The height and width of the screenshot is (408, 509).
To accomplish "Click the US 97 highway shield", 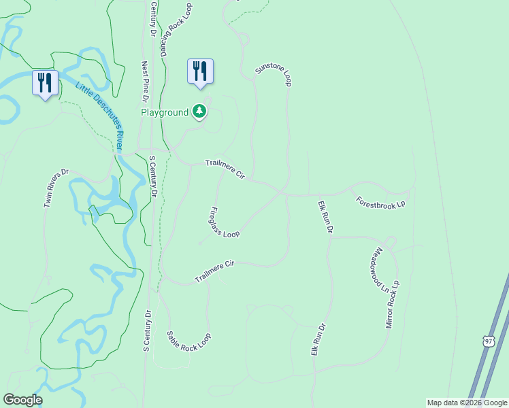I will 488,341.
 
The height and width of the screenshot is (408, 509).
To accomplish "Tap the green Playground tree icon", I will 199,112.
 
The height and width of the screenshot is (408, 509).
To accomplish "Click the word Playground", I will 164,112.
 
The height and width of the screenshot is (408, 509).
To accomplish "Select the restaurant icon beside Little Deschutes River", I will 45,83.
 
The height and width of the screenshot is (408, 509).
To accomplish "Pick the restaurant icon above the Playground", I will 200,71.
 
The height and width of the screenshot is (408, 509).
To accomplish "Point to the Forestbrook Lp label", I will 381,203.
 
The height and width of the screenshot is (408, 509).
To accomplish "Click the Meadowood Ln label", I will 380,270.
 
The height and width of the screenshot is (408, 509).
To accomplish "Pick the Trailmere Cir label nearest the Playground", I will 225,169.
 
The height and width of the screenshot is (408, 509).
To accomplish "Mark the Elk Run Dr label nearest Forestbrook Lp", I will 325,217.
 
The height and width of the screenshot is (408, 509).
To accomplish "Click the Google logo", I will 22,400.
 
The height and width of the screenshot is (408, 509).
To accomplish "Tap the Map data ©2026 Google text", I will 467,403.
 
